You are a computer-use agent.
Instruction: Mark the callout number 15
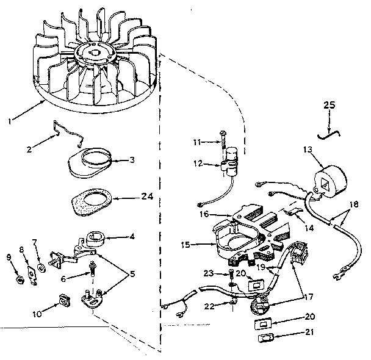186,245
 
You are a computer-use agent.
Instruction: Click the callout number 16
204,214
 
